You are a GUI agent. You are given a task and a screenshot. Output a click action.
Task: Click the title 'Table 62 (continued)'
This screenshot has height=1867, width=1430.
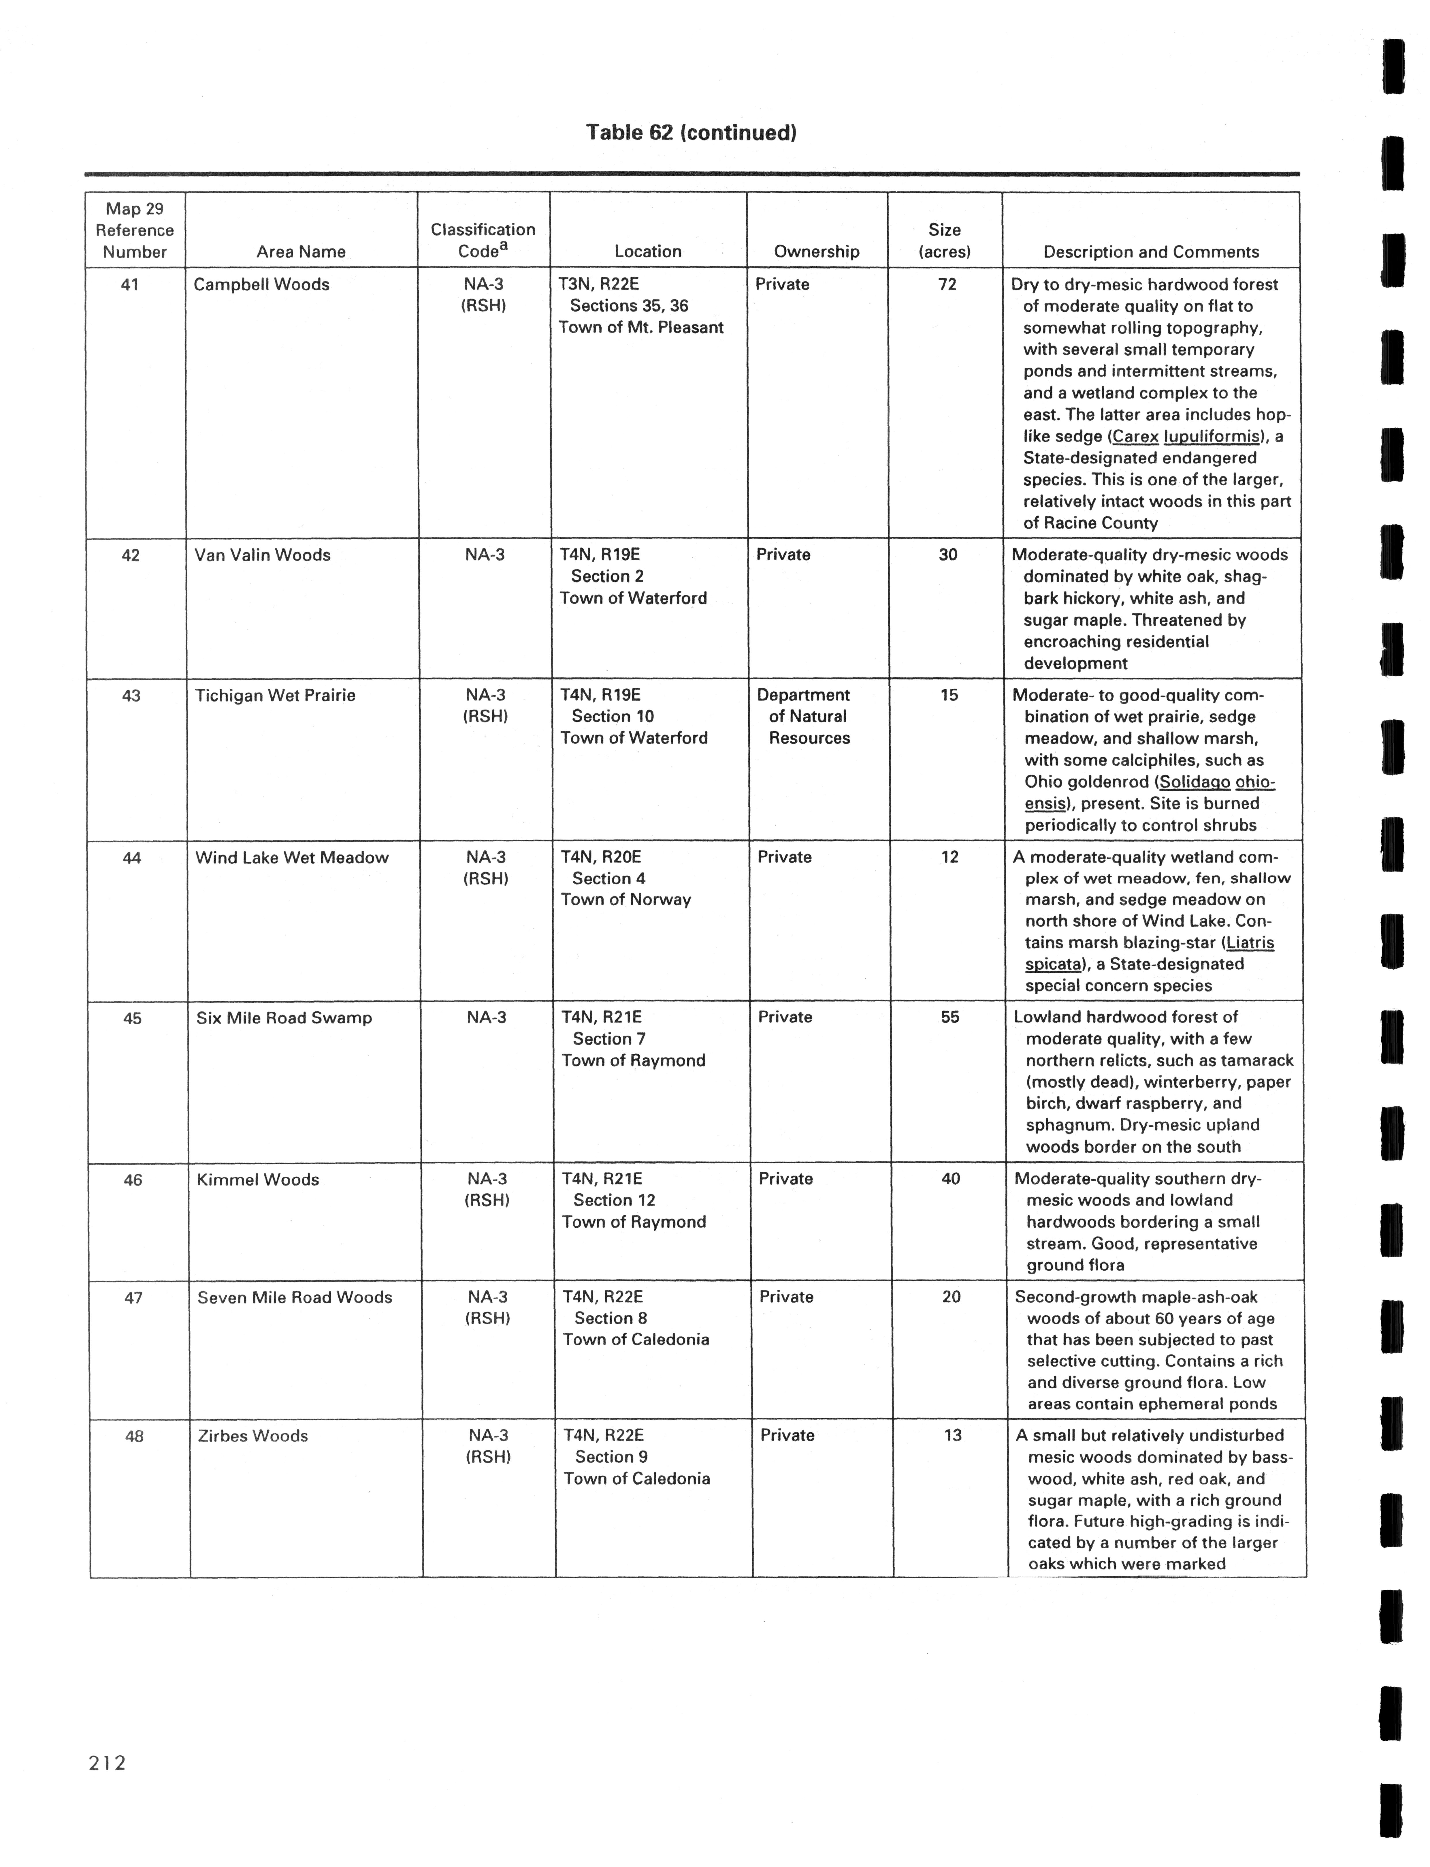pos(691,133)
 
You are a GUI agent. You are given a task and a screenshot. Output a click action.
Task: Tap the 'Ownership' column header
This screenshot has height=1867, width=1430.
pos(816,251)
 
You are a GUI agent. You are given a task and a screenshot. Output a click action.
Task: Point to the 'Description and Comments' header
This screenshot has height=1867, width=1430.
pos(1151,252)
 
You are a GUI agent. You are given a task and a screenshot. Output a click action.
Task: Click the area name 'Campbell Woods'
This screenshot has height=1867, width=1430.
pos(261,284)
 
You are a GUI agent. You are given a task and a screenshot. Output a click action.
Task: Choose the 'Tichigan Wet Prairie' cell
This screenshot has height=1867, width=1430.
pos(275,696)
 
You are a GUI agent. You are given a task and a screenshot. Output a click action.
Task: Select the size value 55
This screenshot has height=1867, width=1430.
pos(950,1017)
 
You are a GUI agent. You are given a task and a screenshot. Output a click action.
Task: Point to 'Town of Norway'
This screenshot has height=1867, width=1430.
pos(625,900)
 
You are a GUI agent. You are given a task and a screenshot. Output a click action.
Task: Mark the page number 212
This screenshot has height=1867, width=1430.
pos(107,1763)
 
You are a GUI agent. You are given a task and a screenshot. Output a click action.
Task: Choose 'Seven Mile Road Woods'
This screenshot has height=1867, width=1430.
pos(295,1297)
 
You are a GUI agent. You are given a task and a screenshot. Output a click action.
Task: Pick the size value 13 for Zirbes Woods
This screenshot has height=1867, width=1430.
pos(952,1435)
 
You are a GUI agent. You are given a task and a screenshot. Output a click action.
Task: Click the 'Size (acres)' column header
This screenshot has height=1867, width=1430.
pos(945,240)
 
